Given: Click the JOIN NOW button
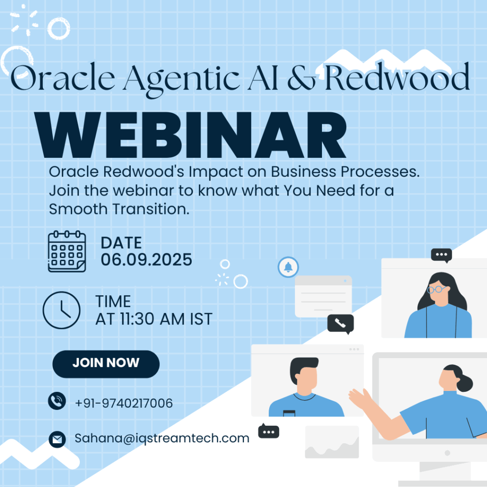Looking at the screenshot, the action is click(x=106, y=364).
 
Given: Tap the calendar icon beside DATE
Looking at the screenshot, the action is click(x=67, y=252).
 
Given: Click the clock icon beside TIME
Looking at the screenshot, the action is click(x=61, y=310).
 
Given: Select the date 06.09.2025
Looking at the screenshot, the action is click(x=146, y=260).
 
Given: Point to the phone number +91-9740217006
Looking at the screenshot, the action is click(x=124, y=403).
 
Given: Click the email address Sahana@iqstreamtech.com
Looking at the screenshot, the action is click(x=162, y=438).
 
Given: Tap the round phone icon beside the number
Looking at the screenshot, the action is click(x=57, y=400).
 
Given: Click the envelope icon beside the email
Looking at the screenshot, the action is click(x=57, y=439).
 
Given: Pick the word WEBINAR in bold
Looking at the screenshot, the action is click(x=190, y=135).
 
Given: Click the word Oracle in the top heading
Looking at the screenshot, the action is click(x=63, y=77).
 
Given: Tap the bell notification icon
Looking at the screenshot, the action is click(x=288, y=267).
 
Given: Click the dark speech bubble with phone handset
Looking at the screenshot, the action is click(x=341, y=323).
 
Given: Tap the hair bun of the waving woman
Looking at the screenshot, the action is click(x=465, y=383).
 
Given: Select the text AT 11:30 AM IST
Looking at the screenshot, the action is click(x=154, y=319).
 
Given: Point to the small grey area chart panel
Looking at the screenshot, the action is click(x=332, y=442).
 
